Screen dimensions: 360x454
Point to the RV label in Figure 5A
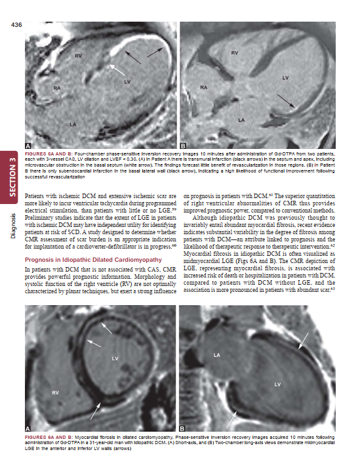point(77,56)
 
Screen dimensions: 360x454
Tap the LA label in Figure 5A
point(74,123)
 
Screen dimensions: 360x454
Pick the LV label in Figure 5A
point(127,81)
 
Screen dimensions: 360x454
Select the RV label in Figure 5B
point(234,52)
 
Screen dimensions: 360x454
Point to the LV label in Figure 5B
point(285,77)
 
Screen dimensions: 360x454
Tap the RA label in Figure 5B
point(204,87)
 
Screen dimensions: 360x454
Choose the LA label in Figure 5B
point(241,120)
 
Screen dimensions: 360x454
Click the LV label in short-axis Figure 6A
point(115,358)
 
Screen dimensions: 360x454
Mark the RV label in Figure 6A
point(55,392)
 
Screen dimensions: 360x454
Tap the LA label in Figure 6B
point(216,355)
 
